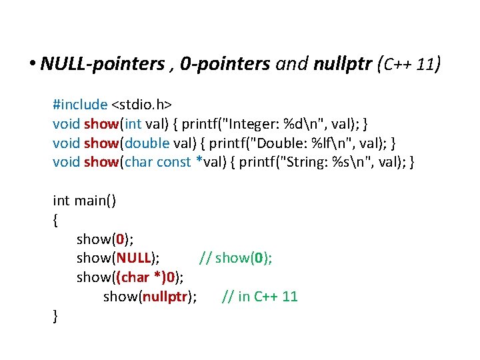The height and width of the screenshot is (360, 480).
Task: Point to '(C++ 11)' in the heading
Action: point(408,64)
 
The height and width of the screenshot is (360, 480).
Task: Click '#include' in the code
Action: point(80,104)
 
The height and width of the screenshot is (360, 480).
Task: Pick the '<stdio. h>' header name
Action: point(141,104)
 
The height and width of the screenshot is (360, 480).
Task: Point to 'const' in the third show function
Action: point(173,162)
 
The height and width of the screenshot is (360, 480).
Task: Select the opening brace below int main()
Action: point(55,219)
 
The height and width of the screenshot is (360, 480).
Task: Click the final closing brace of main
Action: point(55,316)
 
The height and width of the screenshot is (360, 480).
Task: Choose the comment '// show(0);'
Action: point(235,258)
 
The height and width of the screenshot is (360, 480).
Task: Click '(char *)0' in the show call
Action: point(147,277)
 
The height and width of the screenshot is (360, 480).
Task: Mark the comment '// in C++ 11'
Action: point(259,297)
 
